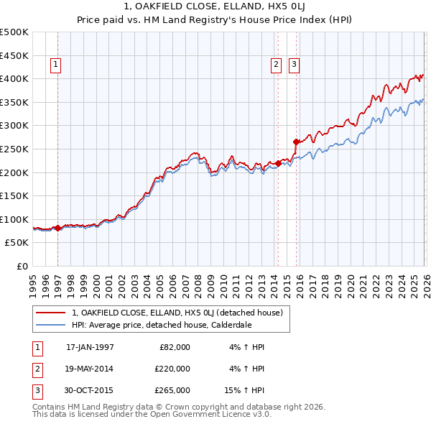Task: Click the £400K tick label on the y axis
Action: pyautogui.click(x=14, y=78)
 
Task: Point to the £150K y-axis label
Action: pyautogui.click(x=14, y=195)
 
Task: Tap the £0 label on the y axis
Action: pyautogui.click(x=22, y=266)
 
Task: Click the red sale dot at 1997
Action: pyautogui.click(x=58, y=228)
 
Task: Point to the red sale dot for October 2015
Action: pyautogui.click(x=296, y=142)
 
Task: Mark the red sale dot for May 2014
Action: pyautogui.click(x=278, y=163)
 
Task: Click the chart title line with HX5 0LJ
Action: pyautogui.click(x=215, y=9)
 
